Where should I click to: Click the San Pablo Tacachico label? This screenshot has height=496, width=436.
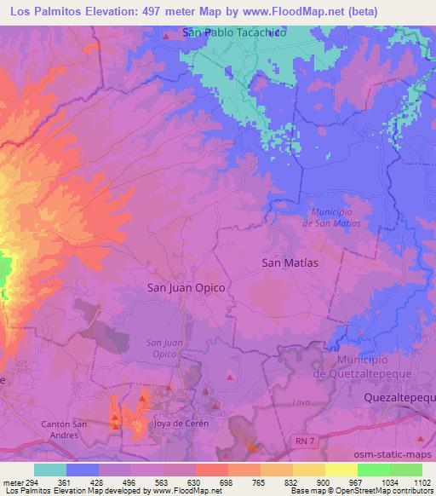[234, 33]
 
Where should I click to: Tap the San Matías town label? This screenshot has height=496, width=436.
[290, 263]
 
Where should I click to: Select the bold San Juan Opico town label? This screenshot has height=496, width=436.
[186, 288]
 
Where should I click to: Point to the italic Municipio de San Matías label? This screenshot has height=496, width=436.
[331, 216]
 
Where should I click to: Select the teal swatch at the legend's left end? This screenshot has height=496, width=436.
[50, 470]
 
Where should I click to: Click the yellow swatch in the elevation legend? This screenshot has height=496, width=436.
[341, 470]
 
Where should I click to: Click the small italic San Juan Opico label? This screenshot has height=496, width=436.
[154, 348]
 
